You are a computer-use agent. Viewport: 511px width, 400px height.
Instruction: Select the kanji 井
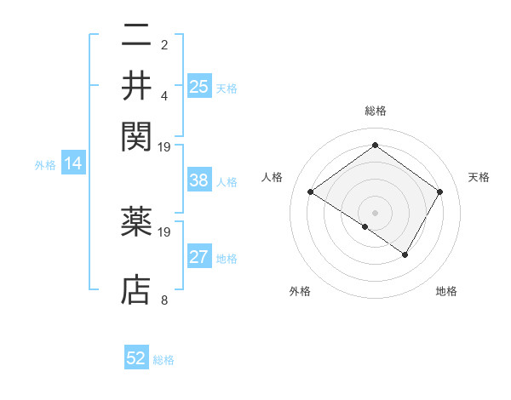tap(137, 85)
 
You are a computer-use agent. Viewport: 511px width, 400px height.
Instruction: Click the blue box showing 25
tap(199, 86)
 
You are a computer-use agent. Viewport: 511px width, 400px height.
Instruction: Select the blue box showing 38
tap(199, 180)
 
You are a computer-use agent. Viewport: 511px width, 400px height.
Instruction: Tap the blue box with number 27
tap(199, 257)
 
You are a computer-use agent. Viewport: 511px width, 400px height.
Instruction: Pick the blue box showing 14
tap(73, 164)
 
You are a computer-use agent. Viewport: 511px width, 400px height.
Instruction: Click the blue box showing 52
tap(136, 358)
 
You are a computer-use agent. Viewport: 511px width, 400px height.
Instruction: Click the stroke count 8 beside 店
tap(164, 300)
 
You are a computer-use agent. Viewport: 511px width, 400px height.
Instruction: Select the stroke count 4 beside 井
tap(164, 94)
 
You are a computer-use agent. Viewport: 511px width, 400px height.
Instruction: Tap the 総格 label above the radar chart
tap(375, 111)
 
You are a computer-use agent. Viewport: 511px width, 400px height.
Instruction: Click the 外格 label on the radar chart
tap(300, 291)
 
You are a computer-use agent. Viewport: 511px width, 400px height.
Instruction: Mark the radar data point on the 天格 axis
tap(439, 192)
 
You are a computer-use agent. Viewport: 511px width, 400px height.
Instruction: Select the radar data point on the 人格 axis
tap(311, 192)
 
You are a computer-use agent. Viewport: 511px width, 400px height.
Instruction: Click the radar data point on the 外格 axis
tap(365, 226)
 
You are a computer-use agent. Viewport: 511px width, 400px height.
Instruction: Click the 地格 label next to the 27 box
tap(227, 258)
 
